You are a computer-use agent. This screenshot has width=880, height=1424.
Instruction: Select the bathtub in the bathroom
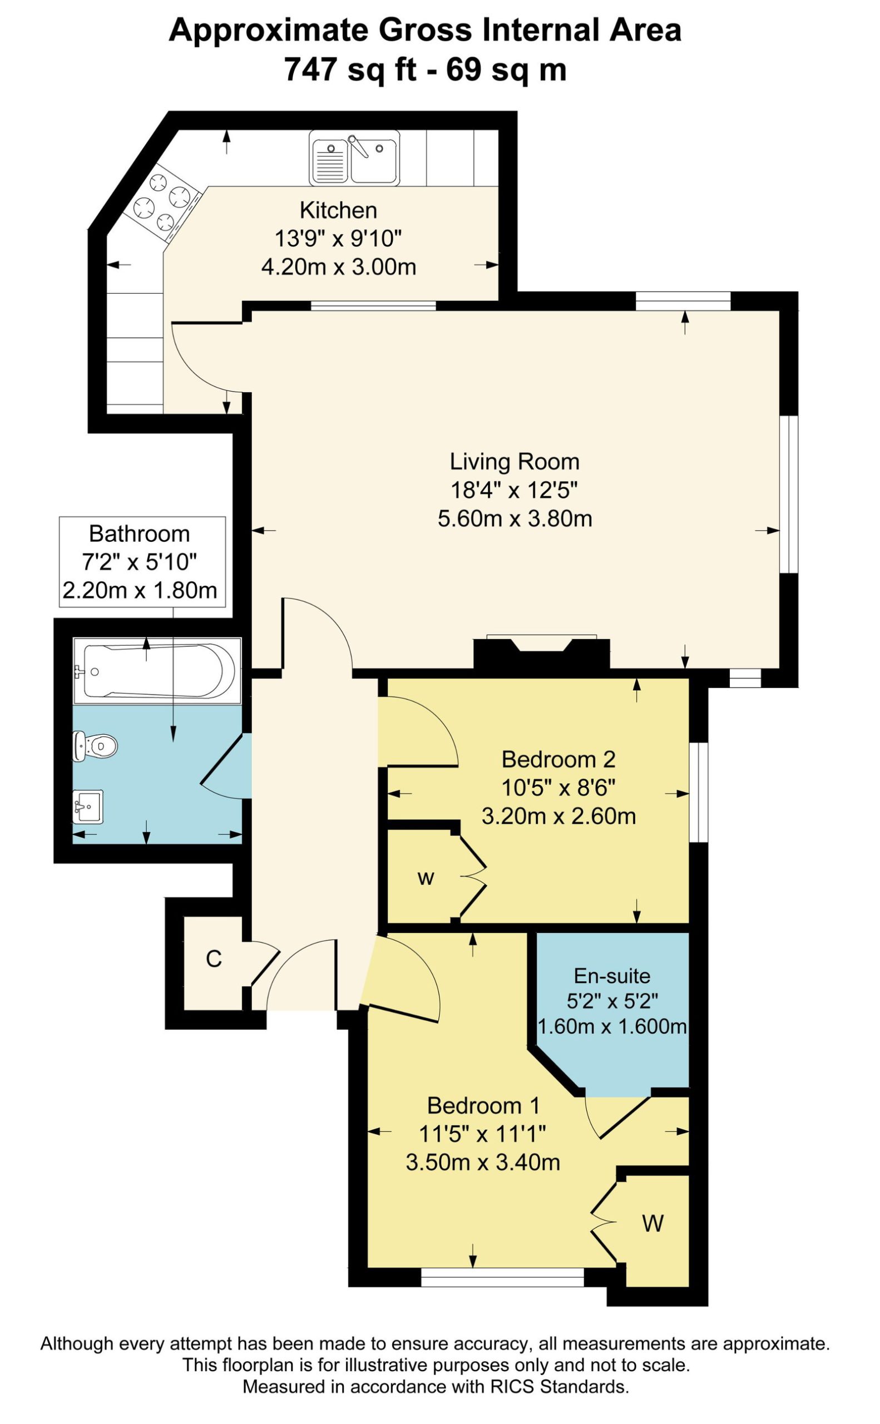[157, 671]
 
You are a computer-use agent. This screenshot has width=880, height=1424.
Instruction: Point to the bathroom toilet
[95, 745]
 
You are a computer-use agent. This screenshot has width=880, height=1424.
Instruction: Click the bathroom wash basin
[88, 807]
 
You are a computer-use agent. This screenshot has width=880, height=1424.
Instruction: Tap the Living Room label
[515, 462]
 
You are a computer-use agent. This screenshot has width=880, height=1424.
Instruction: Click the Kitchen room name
[338, 210]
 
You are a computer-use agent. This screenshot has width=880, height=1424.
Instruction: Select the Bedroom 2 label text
[558, 759]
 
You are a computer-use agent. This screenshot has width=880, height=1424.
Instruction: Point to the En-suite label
[612, 976]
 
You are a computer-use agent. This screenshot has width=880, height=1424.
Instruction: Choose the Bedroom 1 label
[483, 1106]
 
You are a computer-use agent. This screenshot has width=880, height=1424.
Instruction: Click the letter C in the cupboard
[214, 959]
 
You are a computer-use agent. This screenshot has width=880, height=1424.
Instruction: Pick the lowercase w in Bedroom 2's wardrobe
[426, 878]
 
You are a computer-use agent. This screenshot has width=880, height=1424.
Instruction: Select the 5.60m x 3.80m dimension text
[515, 518]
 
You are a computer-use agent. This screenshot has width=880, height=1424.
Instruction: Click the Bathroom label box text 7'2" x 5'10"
[140, 562]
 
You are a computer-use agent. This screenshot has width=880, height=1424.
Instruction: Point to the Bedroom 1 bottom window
[502, 1277]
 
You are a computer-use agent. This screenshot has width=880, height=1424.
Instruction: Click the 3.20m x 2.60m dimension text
[558, 817]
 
